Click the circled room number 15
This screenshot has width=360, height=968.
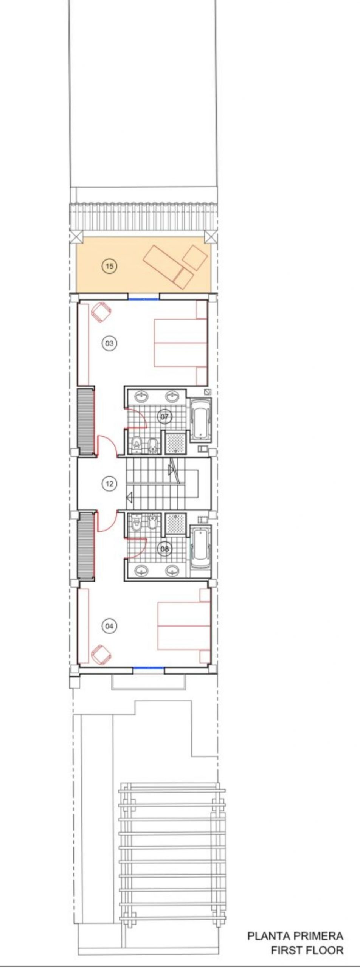tap(109, 266)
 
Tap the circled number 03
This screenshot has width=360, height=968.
tap(109, 343)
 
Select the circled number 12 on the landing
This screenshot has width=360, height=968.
tap(109, 483)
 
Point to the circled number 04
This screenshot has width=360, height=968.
tap(109, 626)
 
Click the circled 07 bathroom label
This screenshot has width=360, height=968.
tap(164, 416)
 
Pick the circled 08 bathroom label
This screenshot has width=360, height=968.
tap(164, 548)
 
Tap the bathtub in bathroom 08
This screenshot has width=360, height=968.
tap(200, 547)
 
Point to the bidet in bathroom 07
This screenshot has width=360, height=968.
tap(152, 446)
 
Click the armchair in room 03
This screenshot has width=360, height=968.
tap(101, 312)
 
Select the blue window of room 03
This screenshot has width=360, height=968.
tap(143, 299)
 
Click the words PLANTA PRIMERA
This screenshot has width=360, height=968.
tap(295, 934)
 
